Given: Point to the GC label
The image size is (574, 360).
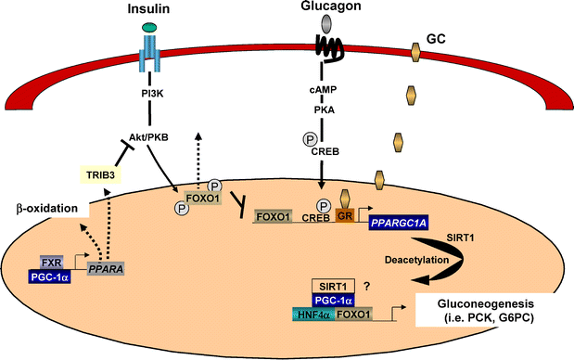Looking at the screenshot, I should point(436,42).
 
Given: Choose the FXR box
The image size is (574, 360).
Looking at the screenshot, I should point(52,263).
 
